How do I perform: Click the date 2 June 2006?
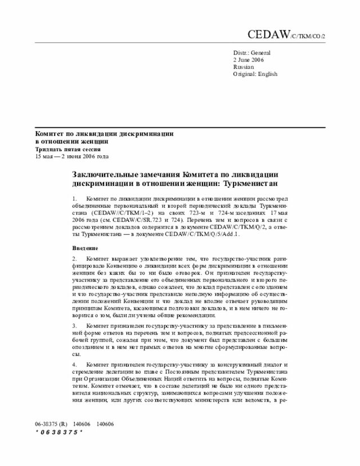[x=248, y=59]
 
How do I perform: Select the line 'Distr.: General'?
[x=251, y=52]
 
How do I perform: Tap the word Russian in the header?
[x=243, y=66]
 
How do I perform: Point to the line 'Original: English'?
[x=255, y=74]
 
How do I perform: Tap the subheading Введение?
[x=85, y=249]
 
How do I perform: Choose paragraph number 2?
[x=74, y=259]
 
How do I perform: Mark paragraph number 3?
[x=74, y=326]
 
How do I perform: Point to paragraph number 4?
[x=74, y=365]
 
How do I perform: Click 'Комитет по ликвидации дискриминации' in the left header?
[x=104, y=135]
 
